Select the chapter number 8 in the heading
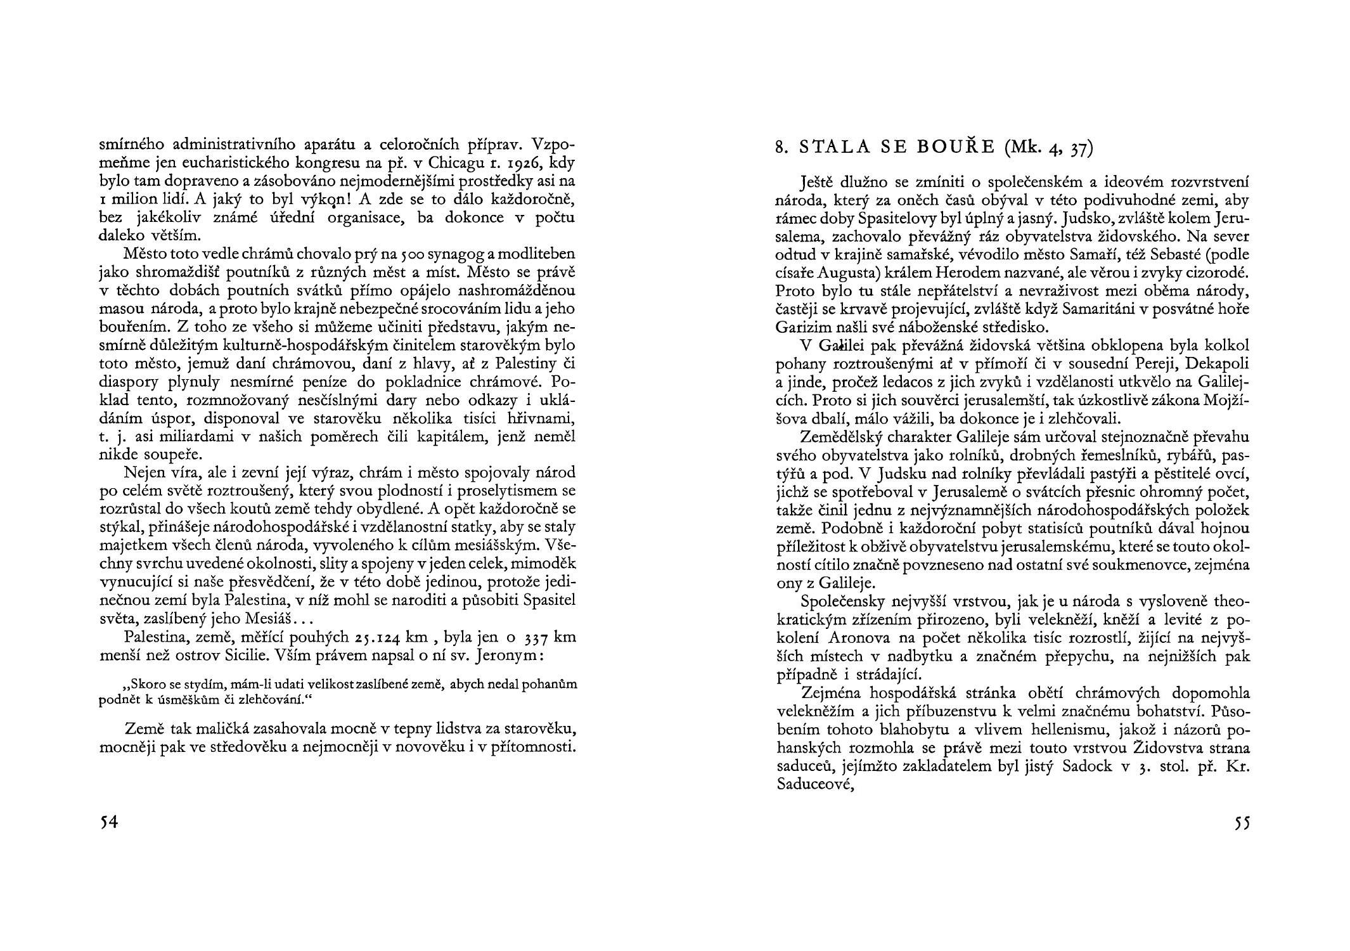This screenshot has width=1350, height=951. pos(781,148)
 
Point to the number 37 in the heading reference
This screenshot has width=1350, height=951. pos(1081,150)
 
